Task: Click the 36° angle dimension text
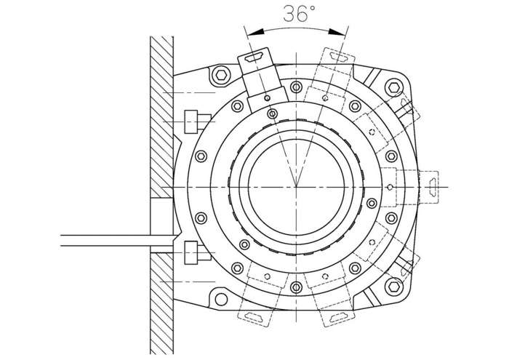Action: (299, 14)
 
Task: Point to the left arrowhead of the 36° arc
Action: (254, 32)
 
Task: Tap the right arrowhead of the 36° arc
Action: (337, 32)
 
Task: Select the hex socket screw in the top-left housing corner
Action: (221, 76)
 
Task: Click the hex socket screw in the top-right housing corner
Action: (394, 88)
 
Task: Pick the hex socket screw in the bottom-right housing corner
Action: (394, 287)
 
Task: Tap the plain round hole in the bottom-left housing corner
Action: (221, 300)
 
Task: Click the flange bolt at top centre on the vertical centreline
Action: (296, 87)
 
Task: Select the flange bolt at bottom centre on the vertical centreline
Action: (296, 287)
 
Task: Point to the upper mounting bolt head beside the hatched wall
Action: (191, 121)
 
